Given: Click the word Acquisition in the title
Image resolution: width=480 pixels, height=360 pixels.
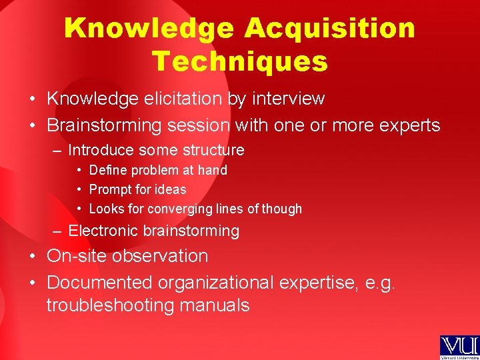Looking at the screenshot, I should [329, 29].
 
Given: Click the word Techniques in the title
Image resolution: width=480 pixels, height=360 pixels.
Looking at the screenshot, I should [240, 61].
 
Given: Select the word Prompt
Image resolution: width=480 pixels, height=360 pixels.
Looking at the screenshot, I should [109, 189].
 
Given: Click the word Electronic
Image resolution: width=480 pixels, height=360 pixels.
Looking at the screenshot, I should [101, 231].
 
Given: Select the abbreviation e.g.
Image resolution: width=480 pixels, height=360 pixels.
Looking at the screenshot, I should [380, 283].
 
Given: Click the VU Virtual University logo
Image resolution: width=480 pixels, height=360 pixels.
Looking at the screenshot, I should [459, 347].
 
